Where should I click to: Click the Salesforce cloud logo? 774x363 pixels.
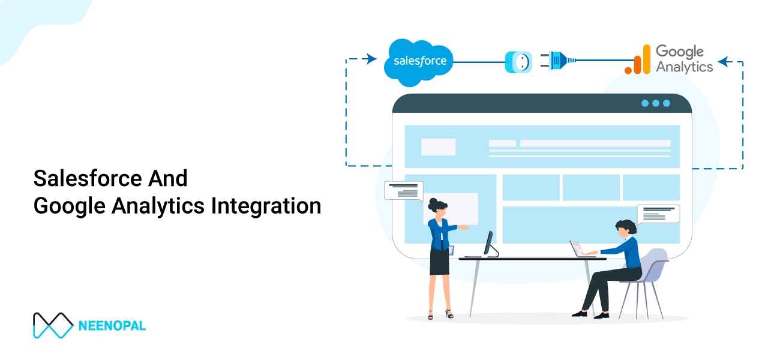tap(419, 61)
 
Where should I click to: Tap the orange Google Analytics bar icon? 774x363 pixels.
tap(638, 61)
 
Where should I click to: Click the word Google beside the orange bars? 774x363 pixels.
tap(680, 52)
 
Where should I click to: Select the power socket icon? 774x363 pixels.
tap(518, 62)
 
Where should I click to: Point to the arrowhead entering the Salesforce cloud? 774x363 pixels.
tap(371, 59)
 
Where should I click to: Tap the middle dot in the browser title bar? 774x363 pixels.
tap(656, 103)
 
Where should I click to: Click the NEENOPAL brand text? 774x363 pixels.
tap(112, 326)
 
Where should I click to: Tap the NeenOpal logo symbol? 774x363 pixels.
tap(53, 325)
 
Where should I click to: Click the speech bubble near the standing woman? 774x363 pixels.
tap(403, 190)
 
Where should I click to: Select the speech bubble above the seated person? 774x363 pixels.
tap(658, 214)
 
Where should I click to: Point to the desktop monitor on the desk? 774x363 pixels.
tap(488, 244)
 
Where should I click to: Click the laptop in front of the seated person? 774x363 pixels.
tap(577, 248)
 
